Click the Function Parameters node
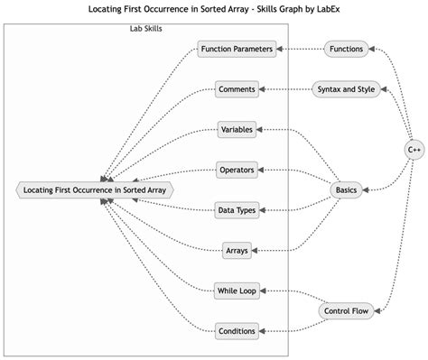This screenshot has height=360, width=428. click(x=237, y=49)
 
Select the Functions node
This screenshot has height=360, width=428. click(x=347, y=49)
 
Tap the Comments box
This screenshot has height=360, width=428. click(x=237, y=88)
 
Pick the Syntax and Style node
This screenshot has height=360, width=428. click(x=347, y=88)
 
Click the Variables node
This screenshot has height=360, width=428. click(x=237, y=129)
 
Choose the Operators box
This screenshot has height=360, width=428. click(x=237, y=169)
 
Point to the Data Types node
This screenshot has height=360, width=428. click(x=237, y=210)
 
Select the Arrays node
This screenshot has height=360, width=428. click(x=237, y=250)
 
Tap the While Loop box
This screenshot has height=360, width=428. click(x=237, y=291)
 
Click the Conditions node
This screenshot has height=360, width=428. click(x=237, y=330)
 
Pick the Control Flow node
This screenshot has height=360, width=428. click(x=347, y=311)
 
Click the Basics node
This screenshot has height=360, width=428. click(x=347, y=189)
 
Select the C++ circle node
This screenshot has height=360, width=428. click(x=414, y=149)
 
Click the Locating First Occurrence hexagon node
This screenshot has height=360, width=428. click(x=94, y=189)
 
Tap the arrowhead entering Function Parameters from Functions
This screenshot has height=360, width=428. click(x=281, y=49)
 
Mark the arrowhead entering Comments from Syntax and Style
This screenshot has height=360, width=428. click(x=264, y=88)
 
